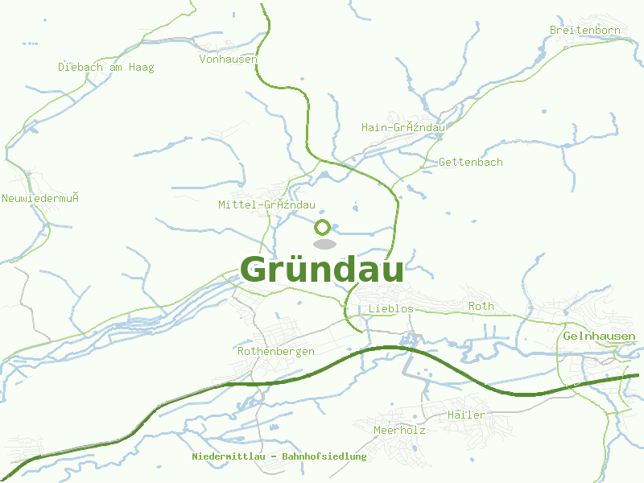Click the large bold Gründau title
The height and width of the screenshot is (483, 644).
tap(322, 270)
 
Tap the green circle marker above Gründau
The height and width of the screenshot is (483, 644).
tap(323, 227)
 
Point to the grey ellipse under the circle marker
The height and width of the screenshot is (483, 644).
tap(324, 244)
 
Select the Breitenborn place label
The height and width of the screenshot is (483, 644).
tap(585, 30)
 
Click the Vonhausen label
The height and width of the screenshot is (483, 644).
tap(228, 59)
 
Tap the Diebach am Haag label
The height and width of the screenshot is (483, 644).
tap(105, 67)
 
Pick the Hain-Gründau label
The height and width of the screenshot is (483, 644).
tap(403, 127)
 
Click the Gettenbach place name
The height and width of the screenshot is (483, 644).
tap(470, 162)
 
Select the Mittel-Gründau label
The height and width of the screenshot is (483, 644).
tap(266, 204)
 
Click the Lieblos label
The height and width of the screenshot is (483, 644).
tap(390, 308)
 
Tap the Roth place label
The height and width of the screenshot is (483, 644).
tap(481, 306)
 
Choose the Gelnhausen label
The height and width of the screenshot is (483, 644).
tap(599, 336)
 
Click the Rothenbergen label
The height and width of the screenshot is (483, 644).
tap(275, 351)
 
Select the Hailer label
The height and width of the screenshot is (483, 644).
tap(465, 414)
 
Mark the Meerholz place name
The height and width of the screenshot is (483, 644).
tap(399, 430)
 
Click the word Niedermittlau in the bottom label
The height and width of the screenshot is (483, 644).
tap(227, 456)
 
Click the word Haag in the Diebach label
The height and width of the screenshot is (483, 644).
tap(141, 67)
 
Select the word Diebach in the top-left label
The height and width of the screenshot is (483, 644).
tap(80, 67)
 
